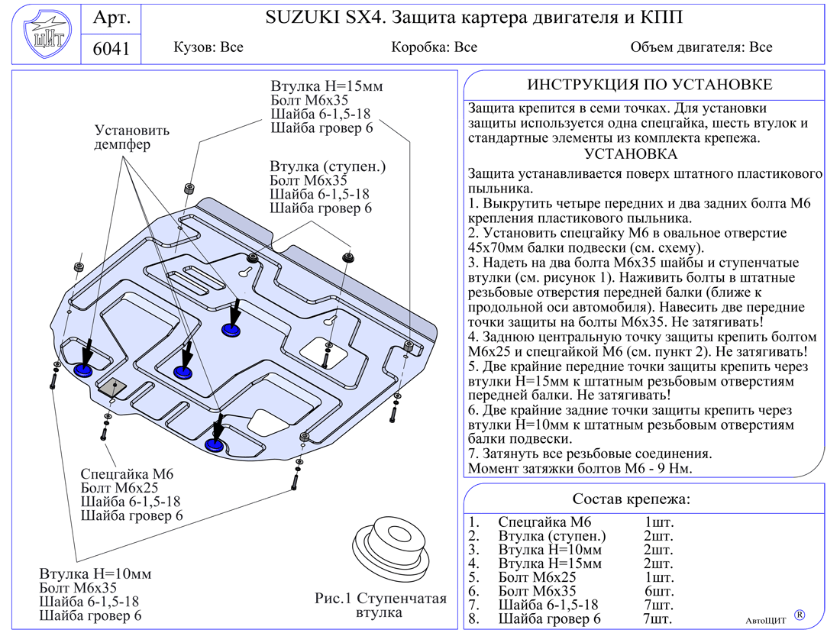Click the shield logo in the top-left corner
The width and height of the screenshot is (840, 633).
[x=44, y=34]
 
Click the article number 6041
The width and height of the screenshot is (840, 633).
[x=111, y=49]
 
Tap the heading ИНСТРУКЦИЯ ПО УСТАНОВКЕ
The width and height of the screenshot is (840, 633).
[x=650, y=85]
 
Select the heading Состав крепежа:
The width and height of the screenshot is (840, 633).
[x=632, y=499]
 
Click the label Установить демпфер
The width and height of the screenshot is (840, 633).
[x=132, y=137]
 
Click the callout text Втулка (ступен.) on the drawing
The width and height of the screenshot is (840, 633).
[x=328, y=166]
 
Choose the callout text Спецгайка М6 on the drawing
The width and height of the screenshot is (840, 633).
[x=128, y=474]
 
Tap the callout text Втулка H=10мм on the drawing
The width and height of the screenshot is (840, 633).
[x=95, y=573]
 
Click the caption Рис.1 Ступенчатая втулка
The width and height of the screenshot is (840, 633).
[x=380, y=605]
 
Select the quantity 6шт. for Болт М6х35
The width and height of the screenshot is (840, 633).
[x=659, y=591]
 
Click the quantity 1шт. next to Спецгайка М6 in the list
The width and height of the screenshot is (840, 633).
[x=659, y=522]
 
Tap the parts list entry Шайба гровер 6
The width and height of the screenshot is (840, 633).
[x=549, y=618]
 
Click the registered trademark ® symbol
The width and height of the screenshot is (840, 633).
[x=800, y=614]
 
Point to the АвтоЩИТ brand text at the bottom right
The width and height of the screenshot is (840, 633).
[x=765, y=620]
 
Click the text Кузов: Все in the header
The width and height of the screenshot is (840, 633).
[x=208, y=47]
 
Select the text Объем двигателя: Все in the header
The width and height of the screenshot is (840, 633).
[x=701, y=47]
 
